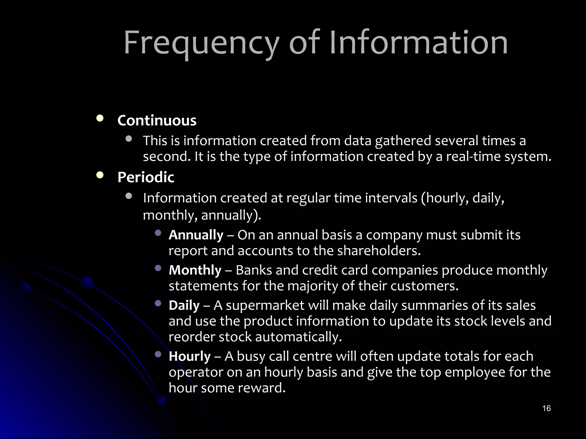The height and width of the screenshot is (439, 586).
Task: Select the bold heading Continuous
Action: pyautogui.click(x=157, y=120)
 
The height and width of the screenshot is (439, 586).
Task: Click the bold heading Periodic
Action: pyautogui.click(x=146, y=177)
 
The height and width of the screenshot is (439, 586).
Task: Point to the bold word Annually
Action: pyautogui.click(x=196, y=235)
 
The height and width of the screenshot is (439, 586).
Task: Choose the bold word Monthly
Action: pyautogui.click(x=195, y=270)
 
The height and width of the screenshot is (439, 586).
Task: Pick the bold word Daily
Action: pyautogui.click(x=184, y=305)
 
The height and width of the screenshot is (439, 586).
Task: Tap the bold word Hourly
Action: pyautogui.click(x=189, y=356)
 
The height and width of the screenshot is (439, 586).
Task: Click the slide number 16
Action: pyautogui.click(x=546, y=408)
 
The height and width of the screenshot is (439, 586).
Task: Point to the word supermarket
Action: pyautogui.click(x=265, y=305)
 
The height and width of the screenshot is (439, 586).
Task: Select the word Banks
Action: pyautogui.click(x=254, y=270)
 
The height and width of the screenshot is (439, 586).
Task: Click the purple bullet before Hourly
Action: pyautogui.click(x=158, y=354)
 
